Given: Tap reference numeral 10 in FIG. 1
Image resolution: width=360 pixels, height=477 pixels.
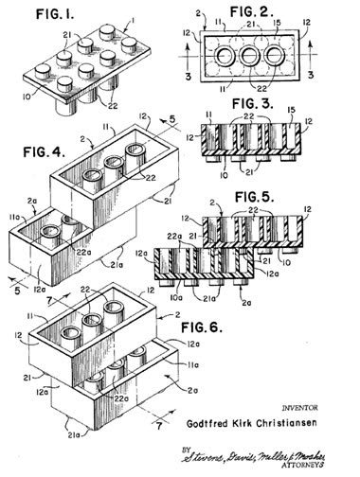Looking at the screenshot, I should pos(36,95).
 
